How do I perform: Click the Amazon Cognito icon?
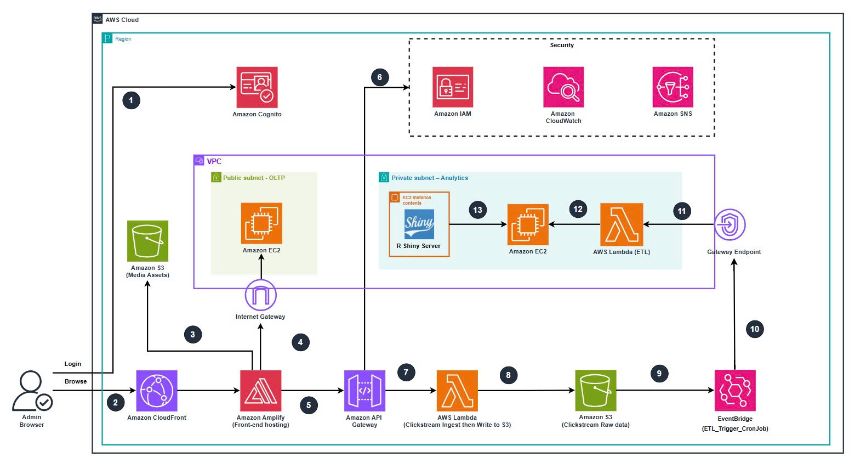coord(257,88)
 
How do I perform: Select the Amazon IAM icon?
coord(453,87)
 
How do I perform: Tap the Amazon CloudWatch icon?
coord(563,87)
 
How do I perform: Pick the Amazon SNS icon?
coord(673,87)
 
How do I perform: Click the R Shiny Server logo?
coord(419,224)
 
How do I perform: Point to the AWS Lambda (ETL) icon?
coord(622,224)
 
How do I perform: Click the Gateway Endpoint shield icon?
coord(730,224)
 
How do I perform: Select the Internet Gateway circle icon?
coord(261,295)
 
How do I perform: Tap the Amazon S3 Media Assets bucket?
coord(147,241)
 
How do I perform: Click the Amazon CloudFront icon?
coord(157,391)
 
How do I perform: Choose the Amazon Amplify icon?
coord(261,391)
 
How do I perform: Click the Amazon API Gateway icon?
coord(364,391)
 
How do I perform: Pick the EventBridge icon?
coord(735,391)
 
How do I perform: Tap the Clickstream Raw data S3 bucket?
coord(596,391)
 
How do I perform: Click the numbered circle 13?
coord(478,210)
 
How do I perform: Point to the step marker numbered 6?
coord(380,77)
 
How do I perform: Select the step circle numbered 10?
coord(755,329)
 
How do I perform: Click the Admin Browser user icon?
coord(32,391)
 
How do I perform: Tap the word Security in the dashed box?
coord(562,45)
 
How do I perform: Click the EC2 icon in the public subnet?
coord(261,223)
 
